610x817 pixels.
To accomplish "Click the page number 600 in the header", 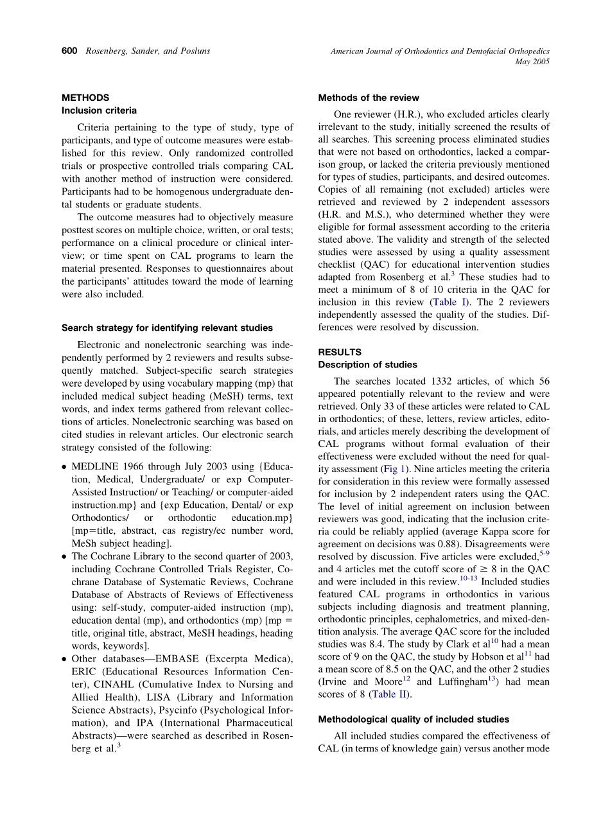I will click(x=70, y=51).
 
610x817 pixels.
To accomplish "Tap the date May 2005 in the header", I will click(x=532, y=62).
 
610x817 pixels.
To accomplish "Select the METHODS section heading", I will click(x=85, y=98).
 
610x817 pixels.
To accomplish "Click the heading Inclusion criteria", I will click(x=99, y=110).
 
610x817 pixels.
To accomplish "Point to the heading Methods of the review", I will click(x=369, y=98).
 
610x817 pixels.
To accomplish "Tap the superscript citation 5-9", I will click(x=543, y=554).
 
